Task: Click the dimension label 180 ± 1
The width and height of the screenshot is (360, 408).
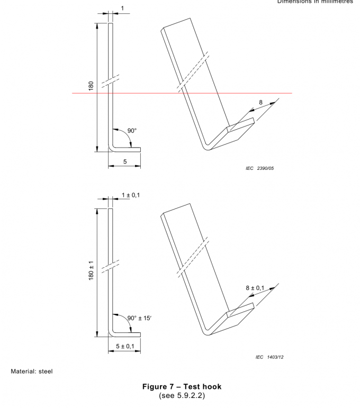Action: pyautogui.click(x=91, y=272)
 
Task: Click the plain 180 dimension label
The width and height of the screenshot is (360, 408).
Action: pyautogui.click(x=91, y=86)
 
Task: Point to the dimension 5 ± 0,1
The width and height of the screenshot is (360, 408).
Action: pyautogui.click(x=125, y=346)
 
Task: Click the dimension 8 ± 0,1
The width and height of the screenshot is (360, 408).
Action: pyautogui.click(x=256, y=288)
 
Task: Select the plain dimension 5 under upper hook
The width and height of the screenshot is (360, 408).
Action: pyautogui.click(x=125, y=161)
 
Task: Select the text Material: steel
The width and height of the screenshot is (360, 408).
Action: pyautogui.click(x=31, y=371)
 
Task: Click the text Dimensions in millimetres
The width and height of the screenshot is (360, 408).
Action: pyautogui.click(x=317, y=2)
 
